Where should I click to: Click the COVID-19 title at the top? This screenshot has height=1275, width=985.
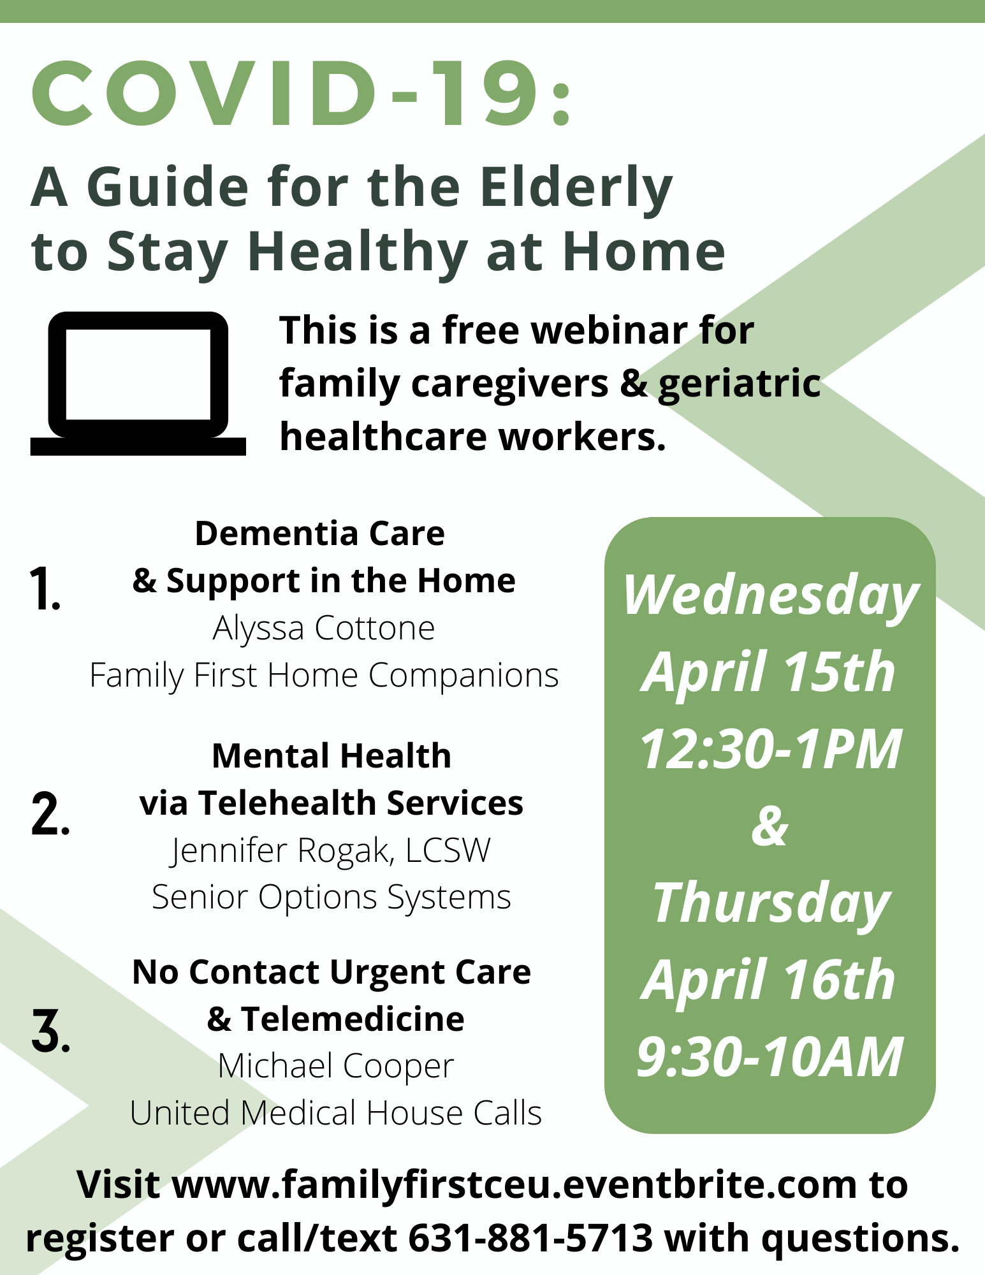click(x=302, y=94)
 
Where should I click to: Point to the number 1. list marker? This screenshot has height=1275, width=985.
click(x=45, y=588)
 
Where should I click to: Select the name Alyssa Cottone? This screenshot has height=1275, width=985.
click(x=324, y=629)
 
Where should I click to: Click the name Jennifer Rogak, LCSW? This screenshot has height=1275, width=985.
click(x=330, y=850)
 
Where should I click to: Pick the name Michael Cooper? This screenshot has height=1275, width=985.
click(x=336, y=1066)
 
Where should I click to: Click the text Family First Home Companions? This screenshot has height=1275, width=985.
click(x=324, y=676)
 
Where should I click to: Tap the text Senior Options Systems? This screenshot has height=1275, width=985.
click(x=331, y=898)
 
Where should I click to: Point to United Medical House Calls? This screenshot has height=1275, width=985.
click(x=336, y=1113)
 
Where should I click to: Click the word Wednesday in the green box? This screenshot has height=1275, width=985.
click(x=770, y=597)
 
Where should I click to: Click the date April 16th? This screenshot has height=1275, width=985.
click(x=769, y=980)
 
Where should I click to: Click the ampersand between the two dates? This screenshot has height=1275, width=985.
click(x=770, y=826)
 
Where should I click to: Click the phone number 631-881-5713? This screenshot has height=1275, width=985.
click(x=530, y=1238)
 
